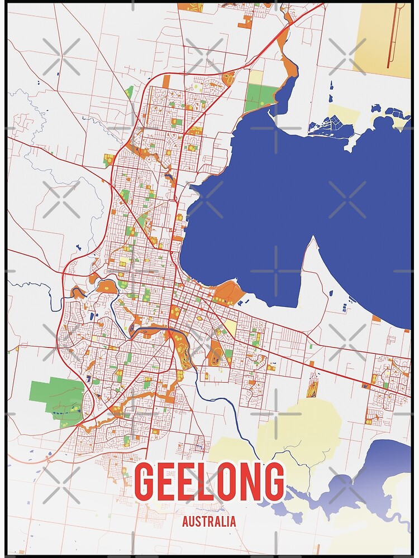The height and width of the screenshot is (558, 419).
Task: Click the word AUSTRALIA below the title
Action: (209, 522)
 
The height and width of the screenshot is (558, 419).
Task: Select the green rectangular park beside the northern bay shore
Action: (260, 98)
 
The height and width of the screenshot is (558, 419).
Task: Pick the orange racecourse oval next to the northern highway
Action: (229, 78)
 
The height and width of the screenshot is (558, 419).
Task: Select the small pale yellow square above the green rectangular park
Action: (255, 77)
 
